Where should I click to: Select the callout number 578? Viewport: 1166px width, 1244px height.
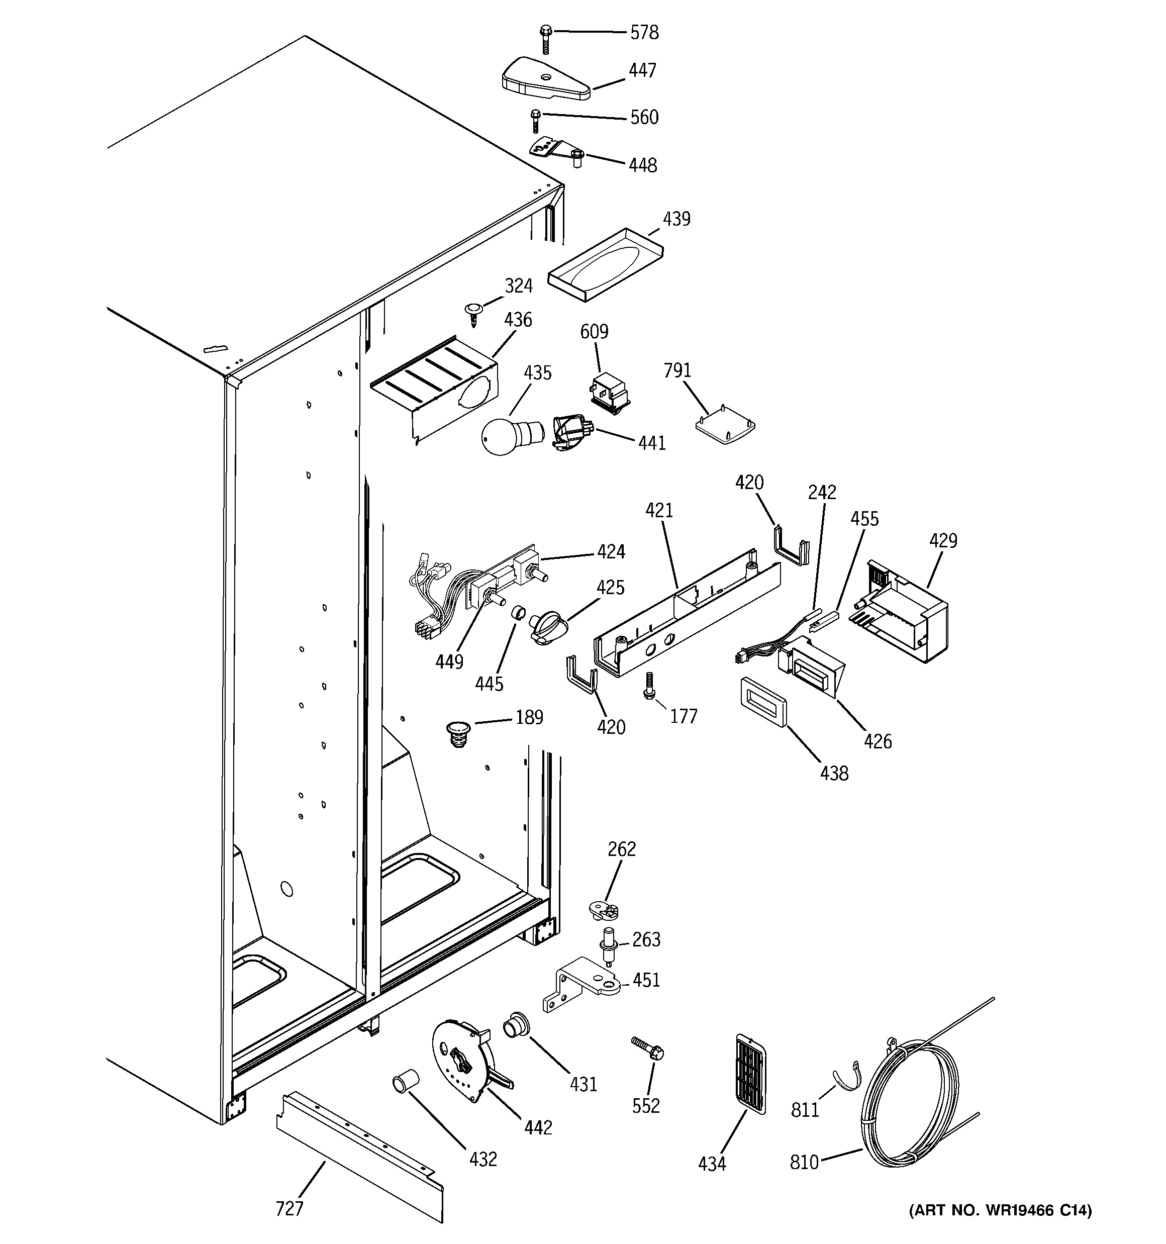click(x=643, y=33)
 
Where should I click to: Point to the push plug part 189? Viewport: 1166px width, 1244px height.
click(x=458, y=733)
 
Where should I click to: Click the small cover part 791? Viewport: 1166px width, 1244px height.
click(x=725, y=426)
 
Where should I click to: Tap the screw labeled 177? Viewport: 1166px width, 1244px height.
click(x=649, y=685)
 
